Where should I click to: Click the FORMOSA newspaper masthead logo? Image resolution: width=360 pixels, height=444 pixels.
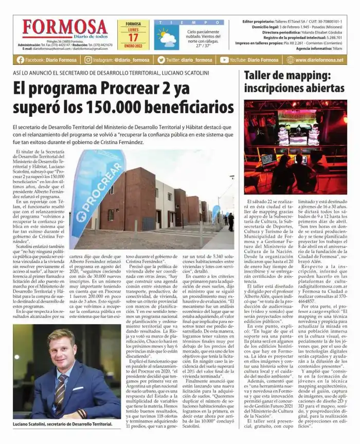pos(64,29)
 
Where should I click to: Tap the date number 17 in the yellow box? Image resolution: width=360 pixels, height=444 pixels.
pos(133,38)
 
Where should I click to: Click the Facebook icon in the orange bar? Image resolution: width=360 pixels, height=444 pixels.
pos(21,60)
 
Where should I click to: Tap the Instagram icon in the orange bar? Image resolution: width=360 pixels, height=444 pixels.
pos(88,60)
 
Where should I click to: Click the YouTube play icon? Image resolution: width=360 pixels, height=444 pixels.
pos(224,60)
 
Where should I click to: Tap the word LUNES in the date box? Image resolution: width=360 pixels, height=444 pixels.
pos(133,30)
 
